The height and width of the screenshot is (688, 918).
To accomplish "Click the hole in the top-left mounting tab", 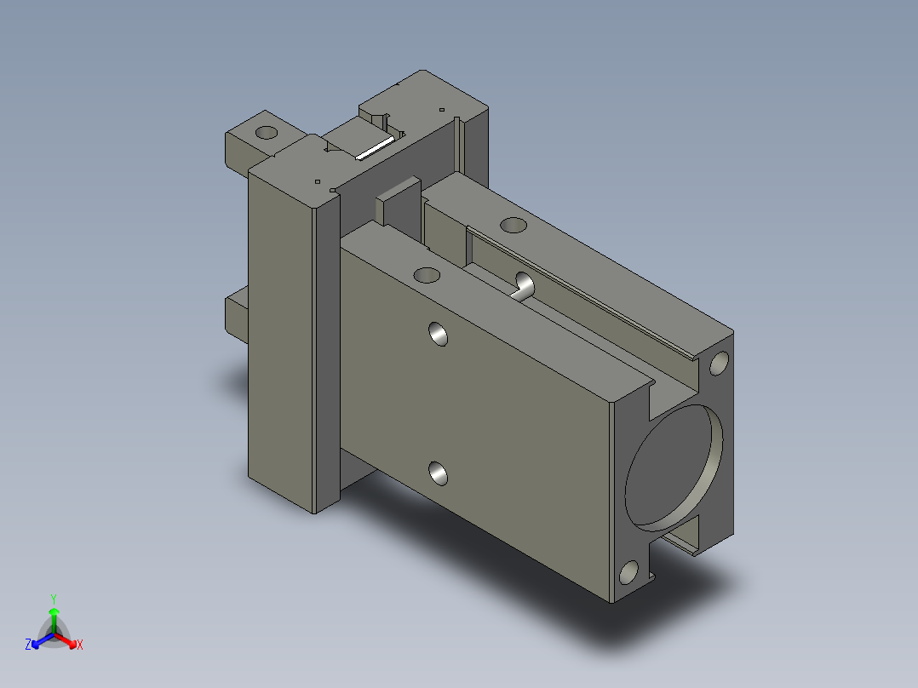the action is click(x=267, y=132).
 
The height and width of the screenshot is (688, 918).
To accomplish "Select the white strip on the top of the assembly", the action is click(x=375, y=148).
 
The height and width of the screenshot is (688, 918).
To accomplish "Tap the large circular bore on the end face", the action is click(x=674, y=465).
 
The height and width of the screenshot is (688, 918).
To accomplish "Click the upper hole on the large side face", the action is click(x=438, y=334).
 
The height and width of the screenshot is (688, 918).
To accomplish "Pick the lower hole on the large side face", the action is click(x=438, y=473).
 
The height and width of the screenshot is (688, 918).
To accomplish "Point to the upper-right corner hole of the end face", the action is click(x=719, y=363).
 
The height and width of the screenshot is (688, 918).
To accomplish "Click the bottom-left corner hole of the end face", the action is click(x=628, y=572).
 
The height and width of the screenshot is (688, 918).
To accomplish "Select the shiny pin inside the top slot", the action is click(x=523, y=286).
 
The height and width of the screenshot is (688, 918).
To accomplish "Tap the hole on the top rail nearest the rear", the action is click(x=514, y=225).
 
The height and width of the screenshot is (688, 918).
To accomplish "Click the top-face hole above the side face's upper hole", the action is click(x=427, y=275).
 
